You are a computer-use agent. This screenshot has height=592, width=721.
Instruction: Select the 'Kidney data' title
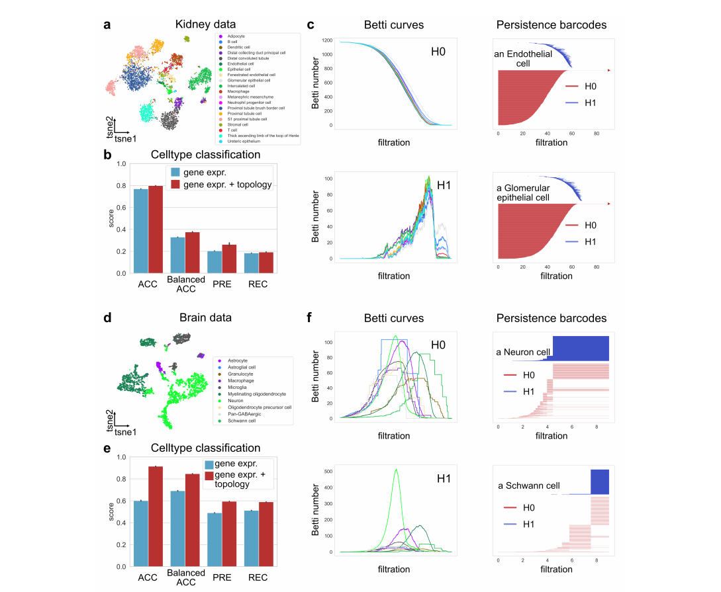point(205,25)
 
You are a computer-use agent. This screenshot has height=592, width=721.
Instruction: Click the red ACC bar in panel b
point(156,229)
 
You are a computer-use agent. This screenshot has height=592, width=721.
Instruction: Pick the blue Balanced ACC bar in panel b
point(177,255)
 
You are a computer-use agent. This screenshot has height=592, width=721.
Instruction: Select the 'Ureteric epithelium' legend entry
point(245,141)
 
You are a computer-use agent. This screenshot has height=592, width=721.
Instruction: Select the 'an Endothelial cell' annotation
point(523,59)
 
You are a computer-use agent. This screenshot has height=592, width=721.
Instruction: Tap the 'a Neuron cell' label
point(522,353)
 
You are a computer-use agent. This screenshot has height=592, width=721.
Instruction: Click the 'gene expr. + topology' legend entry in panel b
point(220,184)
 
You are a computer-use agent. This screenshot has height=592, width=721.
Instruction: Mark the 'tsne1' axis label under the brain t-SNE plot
point(125,432)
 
